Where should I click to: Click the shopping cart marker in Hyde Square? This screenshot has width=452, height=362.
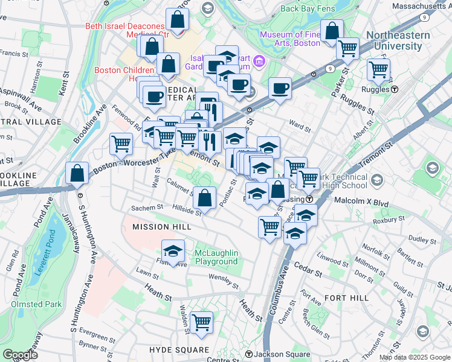coord(201,322)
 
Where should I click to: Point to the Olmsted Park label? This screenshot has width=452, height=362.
coord(36,305)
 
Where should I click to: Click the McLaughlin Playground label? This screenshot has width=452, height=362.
coord(216,257)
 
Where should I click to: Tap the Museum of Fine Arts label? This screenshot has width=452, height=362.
coord(290,39)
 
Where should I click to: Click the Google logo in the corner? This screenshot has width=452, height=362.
coord(21,355)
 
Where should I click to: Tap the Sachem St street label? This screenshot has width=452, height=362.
coord(147,208)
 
